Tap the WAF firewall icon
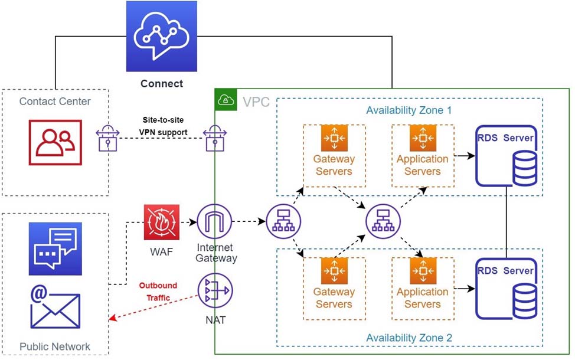point(161,222)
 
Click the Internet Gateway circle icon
point(214,222)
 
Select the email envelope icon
point(55,306)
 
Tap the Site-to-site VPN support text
point(167,126)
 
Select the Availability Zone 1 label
point(409,110)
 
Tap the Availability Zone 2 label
point(409,338)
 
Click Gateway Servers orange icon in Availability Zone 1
point(334,139)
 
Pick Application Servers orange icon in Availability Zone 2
point(423,271)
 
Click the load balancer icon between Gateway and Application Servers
point(380,222)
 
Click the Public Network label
point(55,346)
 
